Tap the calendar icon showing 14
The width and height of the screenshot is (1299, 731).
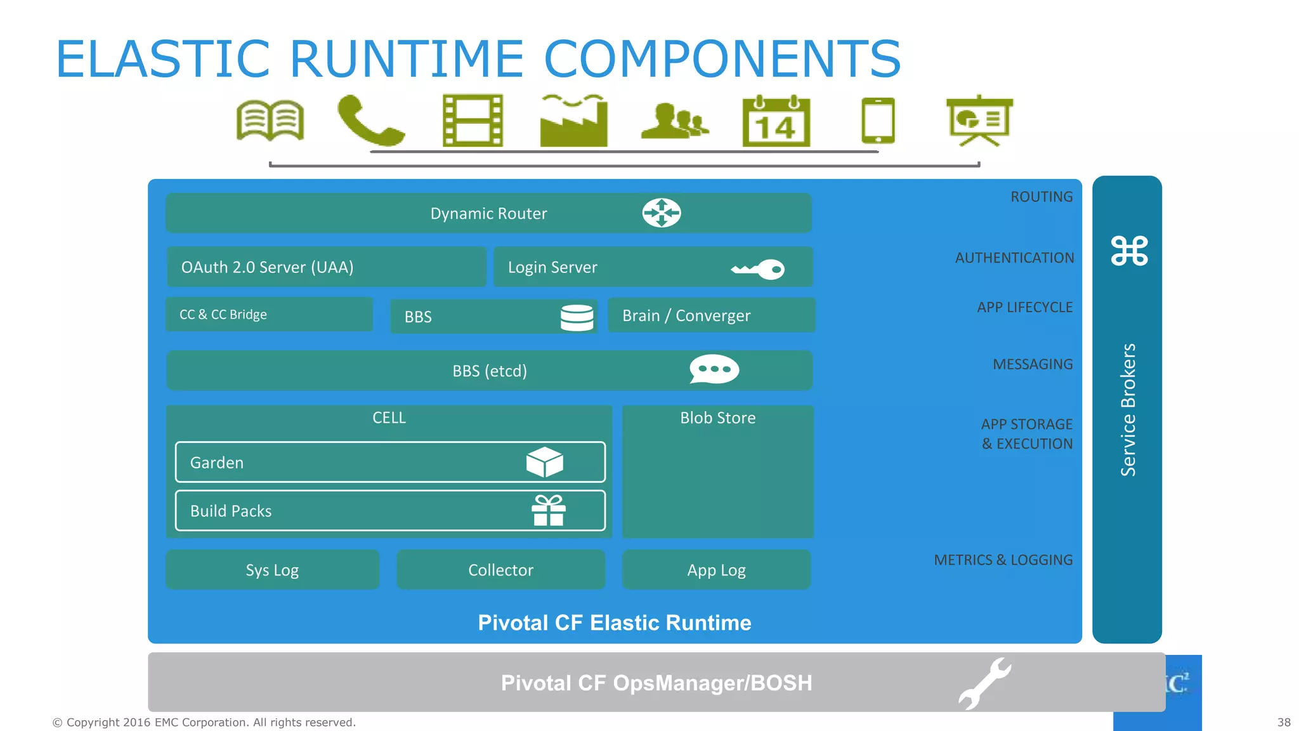[776, 121]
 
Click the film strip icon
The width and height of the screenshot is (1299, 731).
[473, 121]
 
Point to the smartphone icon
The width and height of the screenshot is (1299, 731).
[878, 121]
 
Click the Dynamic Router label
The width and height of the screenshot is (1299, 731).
[488, 213]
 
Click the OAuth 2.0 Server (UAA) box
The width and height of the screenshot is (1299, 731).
[326, 267]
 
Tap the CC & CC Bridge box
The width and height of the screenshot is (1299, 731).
[269, 315]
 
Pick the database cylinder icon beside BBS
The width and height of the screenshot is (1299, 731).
[577, 317]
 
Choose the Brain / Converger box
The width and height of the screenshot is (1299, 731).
[711, 315]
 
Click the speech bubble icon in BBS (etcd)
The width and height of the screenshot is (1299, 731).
[714, 369]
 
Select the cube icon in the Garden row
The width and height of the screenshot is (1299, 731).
[544, 462]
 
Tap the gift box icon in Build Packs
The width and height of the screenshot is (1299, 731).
[549, 511]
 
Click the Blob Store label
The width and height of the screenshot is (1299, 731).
[717, 418]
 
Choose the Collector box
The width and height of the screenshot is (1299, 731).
[500, 570]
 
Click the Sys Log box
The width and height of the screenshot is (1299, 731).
[272, 570]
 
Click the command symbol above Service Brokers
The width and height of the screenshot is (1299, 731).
[1129, 251]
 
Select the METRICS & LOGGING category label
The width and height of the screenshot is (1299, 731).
[1003, 560]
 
